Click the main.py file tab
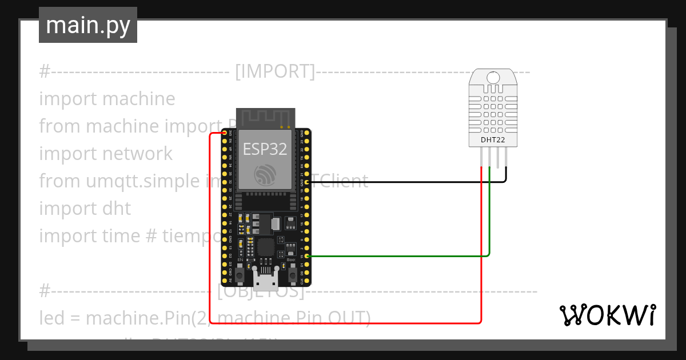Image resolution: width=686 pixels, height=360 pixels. pos(87,25)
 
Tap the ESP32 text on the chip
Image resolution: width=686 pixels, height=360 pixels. pos(265,149)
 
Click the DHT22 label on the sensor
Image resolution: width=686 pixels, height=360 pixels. pos(492,139)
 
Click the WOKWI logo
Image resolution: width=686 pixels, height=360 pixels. pos(607,315)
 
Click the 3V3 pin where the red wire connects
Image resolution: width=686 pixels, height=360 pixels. pos(225,133)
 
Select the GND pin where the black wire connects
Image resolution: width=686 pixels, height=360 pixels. pos(308,182)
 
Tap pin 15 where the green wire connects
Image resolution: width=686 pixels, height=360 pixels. pos(308,257)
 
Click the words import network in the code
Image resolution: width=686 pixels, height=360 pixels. pos(106,154)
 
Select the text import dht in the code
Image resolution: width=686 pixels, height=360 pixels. pos(85,209)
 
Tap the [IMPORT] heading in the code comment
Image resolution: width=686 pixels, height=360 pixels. pos(275,71)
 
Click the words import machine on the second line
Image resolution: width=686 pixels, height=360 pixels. pos(107,99)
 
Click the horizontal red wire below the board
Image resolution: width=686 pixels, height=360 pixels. pos(343,322)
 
